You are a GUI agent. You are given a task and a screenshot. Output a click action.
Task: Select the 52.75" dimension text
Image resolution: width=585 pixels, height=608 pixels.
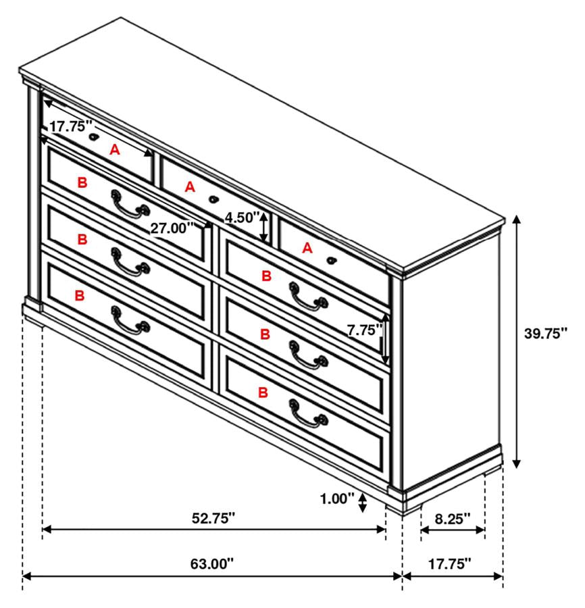pos(211,518)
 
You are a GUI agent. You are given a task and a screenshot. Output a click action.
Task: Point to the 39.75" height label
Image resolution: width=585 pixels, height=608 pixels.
pos(545,332)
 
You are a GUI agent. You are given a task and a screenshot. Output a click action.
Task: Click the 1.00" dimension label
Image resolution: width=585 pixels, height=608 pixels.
pos(337,499)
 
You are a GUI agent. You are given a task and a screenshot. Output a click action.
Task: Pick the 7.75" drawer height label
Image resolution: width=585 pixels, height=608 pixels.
pos(364,330)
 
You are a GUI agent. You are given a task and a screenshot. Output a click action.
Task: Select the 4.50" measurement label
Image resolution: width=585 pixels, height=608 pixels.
pos(243,218)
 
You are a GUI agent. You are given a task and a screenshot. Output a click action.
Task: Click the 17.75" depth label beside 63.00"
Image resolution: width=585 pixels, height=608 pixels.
pos(449,563)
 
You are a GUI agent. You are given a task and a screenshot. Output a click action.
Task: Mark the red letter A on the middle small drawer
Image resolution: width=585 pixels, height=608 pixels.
pos(190,186)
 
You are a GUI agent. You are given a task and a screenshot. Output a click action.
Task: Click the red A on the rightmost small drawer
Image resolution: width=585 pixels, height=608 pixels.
pos(307,248)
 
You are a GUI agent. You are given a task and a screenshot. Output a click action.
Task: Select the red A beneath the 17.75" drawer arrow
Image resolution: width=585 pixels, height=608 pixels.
pos(115,151)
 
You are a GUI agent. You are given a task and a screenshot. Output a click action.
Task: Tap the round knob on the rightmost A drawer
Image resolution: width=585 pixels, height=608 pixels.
pos(331,260)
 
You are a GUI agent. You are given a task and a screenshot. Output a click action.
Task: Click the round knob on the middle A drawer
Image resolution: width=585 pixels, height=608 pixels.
pos(214,199)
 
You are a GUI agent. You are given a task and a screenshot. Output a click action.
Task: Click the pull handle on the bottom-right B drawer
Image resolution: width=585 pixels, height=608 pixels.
pos(307,413)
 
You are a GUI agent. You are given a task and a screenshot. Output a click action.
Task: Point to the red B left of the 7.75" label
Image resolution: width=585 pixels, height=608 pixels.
pos(265,334)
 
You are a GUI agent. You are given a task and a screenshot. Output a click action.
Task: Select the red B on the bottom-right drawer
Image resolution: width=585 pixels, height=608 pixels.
pos(263,392)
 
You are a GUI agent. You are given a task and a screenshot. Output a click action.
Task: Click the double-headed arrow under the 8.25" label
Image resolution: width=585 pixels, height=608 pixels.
pos(453,531)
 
